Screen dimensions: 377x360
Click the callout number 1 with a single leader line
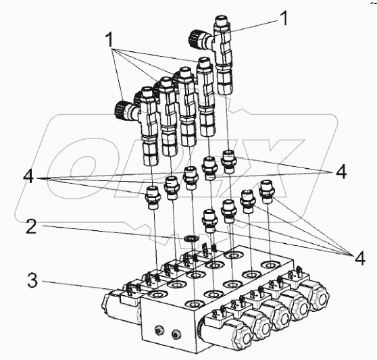click(x=284, y=18)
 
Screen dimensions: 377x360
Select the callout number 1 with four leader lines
click(x=109, y=40)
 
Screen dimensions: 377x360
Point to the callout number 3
click(x=32, y=280)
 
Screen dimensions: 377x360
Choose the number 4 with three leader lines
click(x=28, y=177)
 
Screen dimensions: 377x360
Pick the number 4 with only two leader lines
click(x=341, y=172)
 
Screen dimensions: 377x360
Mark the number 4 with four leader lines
click(x=359, y=258)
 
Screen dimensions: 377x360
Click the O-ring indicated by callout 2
click(x=191, y=238)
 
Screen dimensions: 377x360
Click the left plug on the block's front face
click(x=159, y=331)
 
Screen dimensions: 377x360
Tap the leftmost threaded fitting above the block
click(x=153, y=197)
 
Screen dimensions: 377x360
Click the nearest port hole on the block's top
click(x=195, y=303)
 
